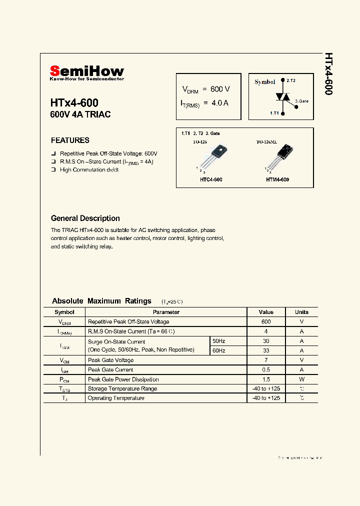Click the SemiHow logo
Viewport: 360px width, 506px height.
coord(86,72)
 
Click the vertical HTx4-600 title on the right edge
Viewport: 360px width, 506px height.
coord(328,74)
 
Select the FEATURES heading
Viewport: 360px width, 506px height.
coord(70,140)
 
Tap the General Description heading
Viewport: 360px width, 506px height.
coord(85,218)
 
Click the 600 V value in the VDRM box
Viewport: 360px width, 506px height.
coord(220,89)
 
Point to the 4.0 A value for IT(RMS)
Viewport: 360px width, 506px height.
coord(220,103)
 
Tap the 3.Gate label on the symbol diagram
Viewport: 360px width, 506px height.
coord(302,101)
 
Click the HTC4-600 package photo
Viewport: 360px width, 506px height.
coord(211,158)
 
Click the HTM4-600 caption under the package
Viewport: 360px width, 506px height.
coord(277,179)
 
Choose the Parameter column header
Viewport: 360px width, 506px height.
coord(166,312)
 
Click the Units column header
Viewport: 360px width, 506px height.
coord(302,312)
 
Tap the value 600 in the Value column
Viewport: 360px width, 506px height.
coord(266,322)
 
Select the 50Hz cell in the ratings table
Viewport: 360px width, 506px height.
coord(219,341)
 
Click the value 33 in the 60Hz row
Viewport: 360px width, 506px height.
coord(266,350)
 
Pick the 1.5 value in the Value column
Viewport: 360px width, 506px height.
coord(266,379)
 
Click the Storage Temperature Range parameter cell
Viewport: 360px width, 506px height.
coord(122,389)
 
